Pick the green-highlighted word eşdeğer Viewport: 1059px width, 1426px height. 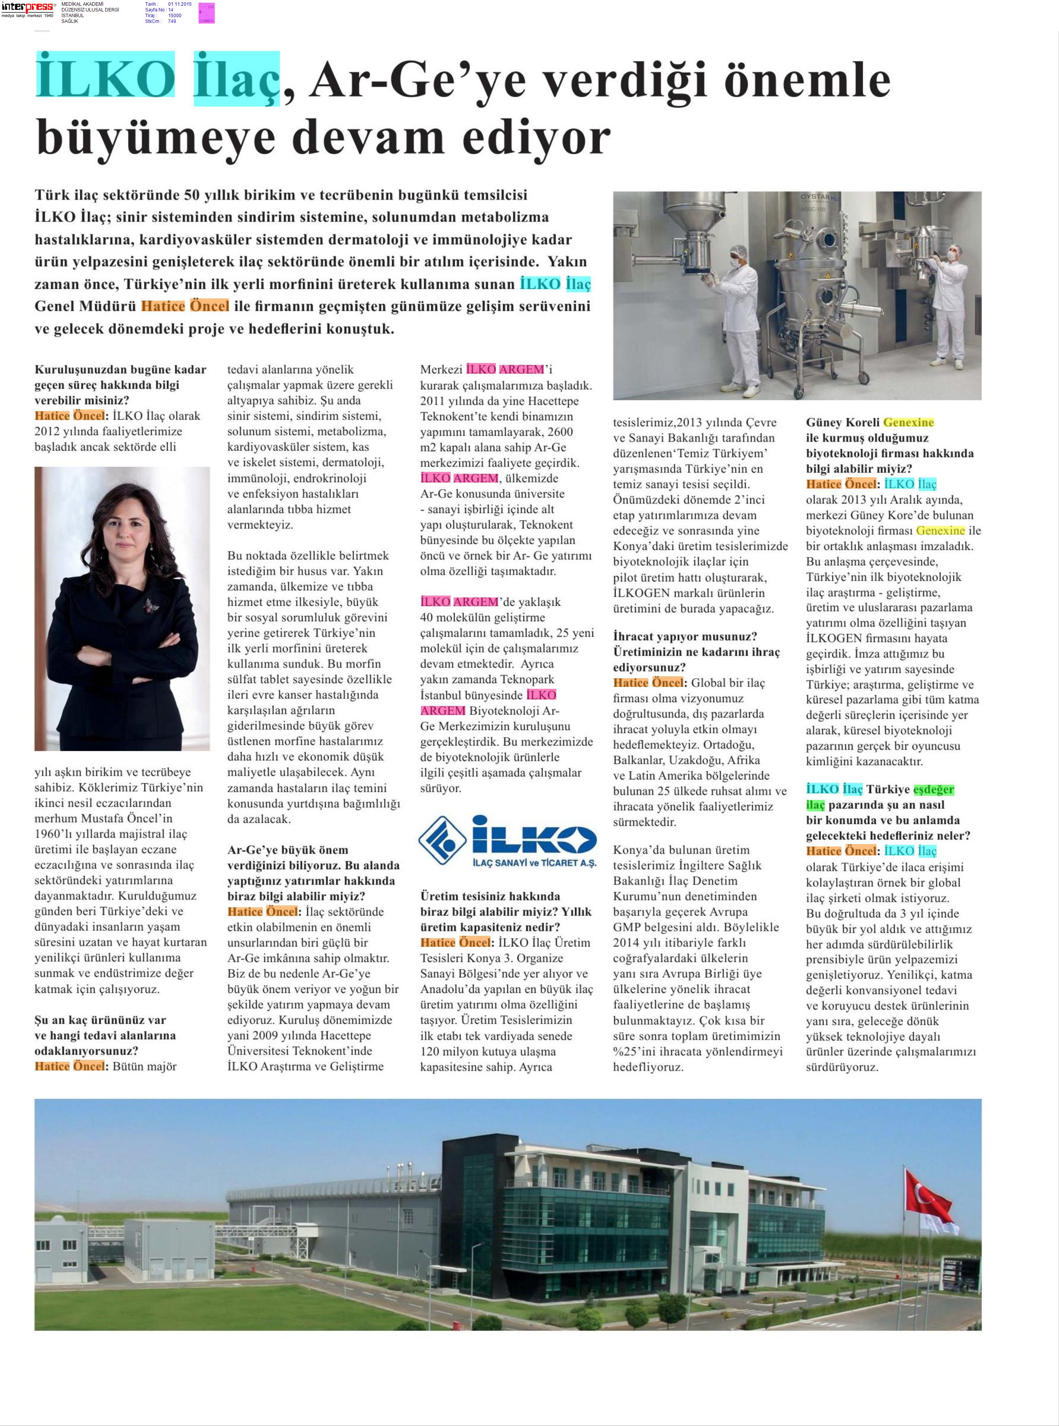point(934,790)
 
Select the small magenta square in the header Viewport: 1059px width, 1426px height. point(206,13)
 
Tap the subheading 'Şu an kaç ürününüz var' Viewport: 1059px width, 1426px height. point(101,1020)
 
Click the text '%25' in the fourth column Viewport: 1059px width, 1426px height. point(625,1052)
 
